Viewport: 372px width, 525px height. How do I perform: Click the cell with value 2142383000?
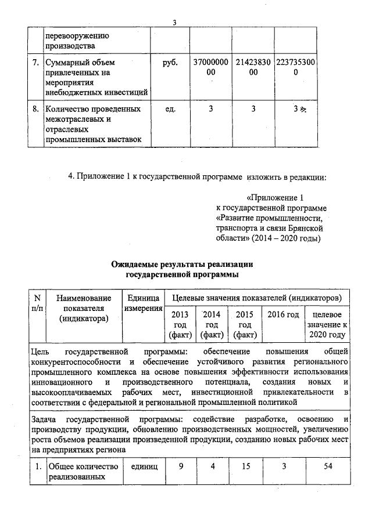(x=250, y=67)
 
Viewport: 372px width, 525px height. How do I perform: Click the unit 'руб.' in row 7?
(x=170, y=62)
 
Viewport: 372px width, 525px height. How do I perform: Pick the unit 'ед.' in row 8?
(x=170, y=109)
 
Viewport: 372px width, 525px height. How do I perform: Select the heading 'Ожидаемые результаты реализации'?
(x=183, y=264)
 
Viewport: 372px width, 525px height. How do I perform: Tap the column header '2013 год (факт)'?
(x=180, y=324)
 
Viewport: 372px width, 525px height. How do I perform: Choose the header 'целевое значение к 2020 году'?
(x=327, y=324)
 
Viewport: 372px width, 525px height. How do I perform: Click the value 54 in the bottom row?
(x=328, y=466)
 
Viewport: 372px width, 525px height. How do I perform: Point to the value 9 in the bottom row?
(x=181, y=466)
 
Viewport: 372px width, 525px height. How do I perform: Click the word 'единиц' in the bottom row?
(x=144, y=466)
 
